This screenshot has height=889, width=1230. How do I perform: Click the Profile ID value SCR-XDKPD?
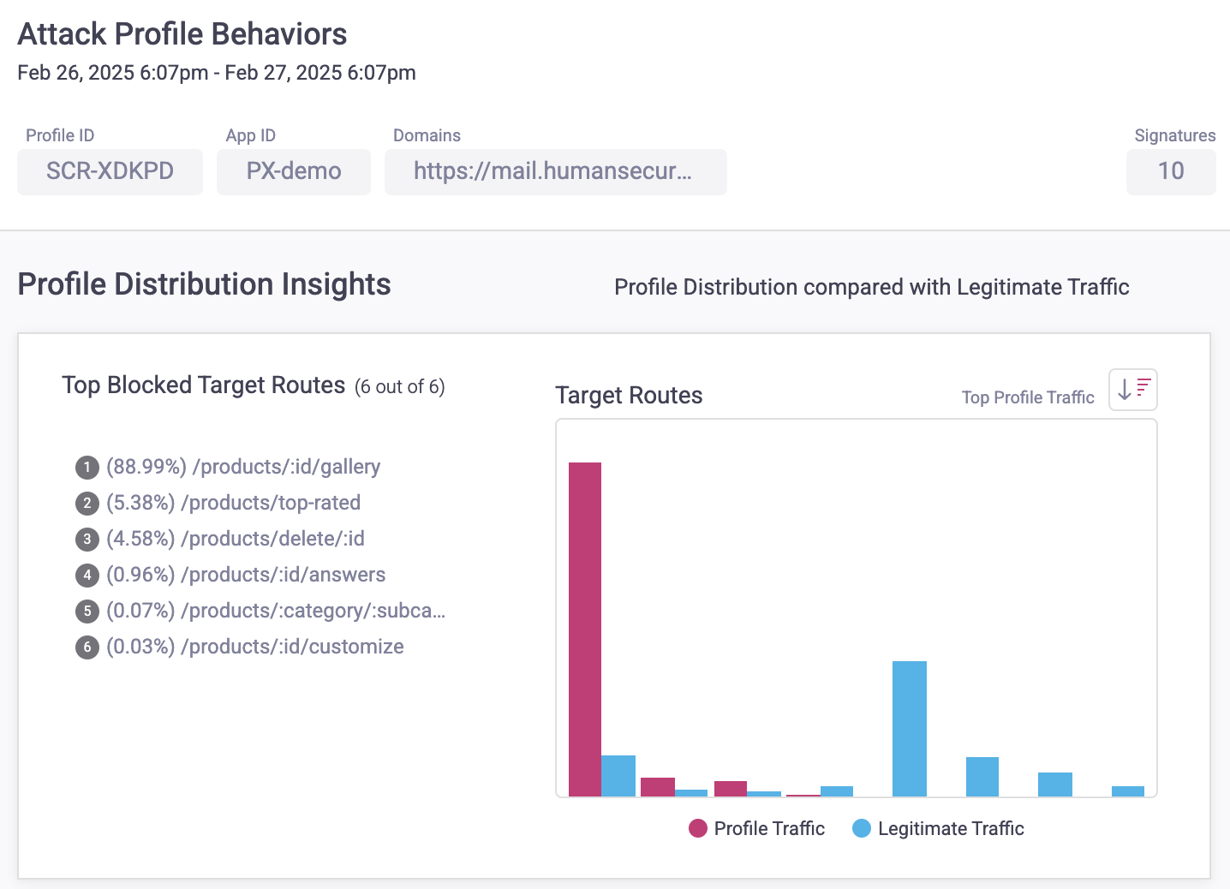click(110, 171)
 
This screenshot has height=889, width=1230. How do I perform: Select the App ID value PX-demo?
click(293, 171)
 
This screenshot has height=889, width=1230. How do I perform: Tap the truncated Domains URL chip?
click(554, 171)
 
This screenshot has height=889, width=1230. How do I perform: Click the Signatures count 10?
click(1170, 171)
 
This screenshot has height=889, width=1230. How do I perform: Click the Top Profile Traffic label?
click(1027, 397)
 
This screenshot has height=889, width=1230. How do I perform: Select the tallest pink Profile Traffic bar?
click(585, 629)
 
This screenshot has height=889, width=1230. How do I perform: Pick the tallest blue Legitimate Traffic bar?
click(909, 728)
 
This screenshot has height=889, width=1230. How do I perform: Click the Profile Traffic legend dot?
click(698, 828)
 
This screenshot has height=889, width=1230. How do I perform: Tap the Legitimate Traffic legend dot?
click(862, 828)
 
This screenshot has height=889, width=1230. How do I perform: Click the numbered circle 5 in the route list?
click(87, 612)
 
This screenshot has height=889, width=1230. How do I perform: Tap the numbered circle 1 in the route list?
click(87, 468)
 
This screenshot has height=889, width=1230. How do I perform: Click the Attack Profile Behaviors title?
click(182, 34)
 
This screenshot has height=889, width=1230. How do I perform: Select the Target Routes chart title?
click(629, 396)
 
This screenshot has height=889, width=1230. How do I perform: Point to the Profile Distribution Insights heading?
click(204, 284)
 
